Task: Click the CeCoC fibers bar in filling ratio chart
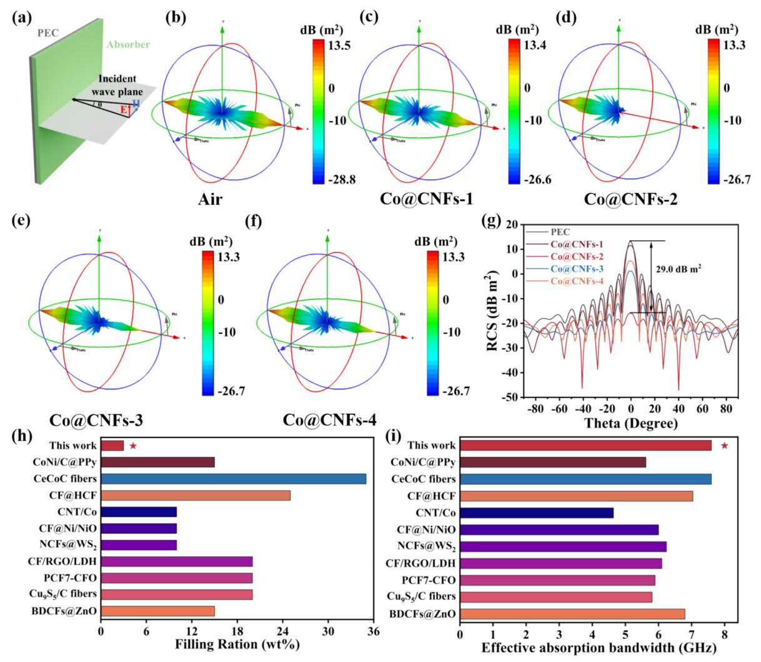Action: pos(233,479)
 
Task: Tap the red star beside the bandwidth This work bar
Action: pos(724,446)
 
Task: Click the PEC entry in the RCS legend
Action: pos(560,232)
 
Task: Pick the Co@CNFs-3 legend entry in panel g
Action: pos(577,269)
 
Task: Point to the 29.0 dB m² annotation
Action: pos(678,268)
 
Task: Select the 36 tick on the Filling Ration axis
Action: pos(374,631)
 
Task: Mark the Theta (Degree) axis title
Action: pos(630,423)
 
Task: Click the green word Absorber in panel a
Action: pos(128,44)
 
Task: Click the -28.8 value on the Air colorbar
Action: pos(342,179)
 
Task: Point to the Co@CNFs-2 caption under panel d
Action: pos(630,199)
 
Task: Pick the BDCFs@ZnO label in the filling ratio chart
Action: pos(64,610)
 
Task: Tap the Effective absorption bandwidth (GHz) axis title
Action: pos(599,648)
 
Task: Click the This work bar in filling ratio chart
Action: pos(112,446)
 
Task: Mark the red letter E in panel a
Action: pos(124,111)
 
